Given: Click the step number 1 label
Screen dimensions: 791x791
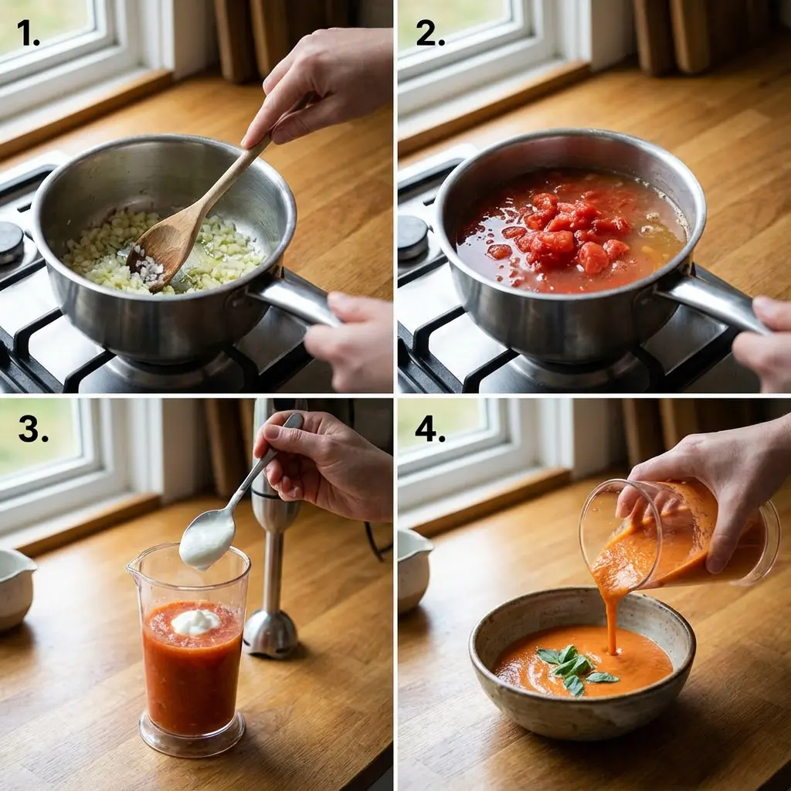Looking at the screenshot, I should [x=28, y=33].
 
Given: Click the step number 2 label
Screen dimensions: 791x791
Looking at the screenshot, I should [x=430, y=33].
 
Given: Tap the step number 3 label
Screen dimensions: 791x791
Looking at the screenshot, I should [x=32, y=429].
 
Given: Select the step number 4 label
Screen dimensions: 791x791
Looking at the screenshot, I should [x=429, y=429].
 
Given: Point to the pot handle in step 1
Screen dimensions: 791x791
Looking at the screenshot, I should [x=297, y=297].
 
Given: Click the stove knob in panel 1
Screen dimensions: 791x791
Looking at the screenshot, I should [x=10, y=242].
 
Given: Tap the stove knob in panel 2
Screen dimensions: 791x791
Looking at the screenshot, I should [x=412, y=236].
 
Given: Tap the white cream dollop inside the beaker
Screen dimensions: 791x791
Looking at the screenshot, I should [x=195, y=620].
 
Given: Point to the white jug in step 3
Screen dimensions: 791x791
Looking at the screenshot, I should [x=15, y=587].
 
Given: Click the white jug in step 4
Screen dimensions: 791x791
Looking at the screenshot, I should [x=413, y=568].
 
